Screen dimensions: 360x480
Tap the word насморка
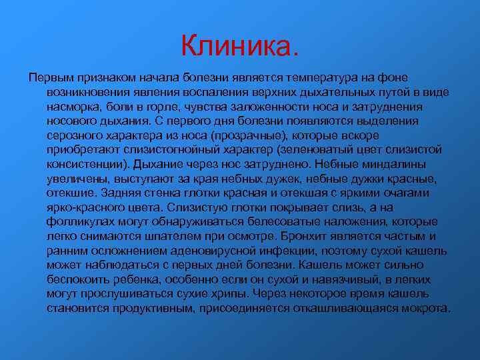click(x=73, y=107)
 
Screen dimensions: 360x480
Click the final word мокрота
click(x=425, y=308)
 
